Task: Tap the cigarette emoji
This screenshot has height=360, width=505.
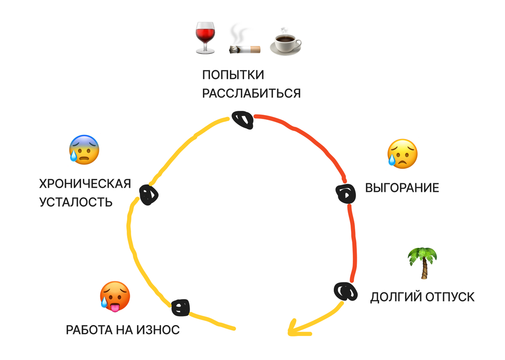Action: [x=245, y=43]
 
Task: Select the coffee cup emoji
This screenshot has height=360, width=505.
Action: [x=285, y=41]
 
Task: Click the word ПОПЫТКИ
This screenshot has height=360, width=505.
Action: [x=233, y=75]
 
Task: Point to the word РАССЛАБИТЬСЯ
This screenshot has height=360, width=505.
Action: [x=251, y=93]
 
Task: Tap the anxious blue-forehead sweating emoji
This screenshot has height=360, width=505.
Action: [x=85, y=150]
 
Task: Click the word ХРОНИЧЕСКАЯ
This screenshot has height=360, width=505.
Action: [x=85, y=184]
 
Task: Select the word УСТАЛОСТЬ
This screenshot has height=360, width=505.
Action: [x=76, y=202]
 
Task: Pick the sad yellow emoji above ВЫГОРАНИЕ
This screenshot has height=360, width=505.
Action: [x=402, y=154]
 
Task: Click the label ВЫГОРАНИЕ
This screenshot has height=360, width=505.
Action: [x=402, y=188]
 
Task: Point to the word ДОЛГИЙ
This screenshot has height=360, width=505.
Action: [x=396, y=297]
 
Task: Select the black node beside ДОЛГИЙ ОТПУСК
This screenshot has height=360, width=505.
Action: [x=345, y=291]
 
